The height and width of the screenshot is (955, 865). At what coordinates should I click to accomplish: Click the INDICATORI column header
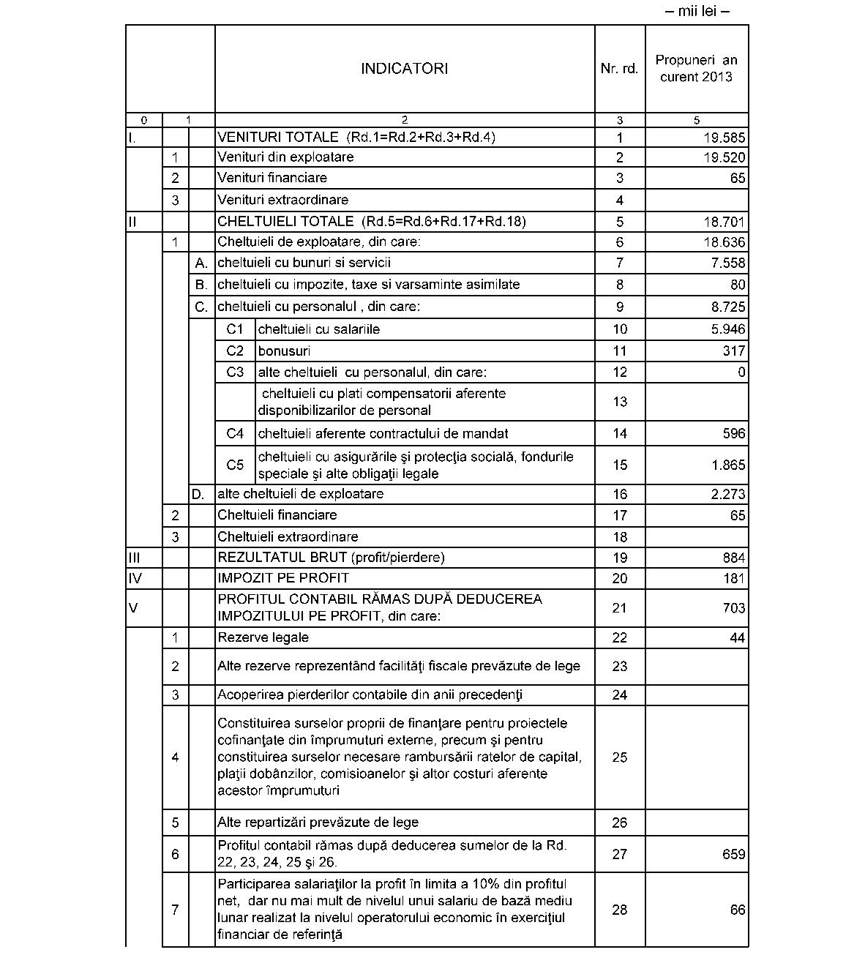tap(404, 69)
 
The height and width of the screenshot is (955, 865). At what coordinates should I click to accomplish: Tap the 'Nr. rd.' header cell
tap(619, 69)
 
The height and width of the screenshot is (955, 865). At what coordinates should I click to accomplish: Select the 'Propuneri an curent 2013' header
tap(696, 69)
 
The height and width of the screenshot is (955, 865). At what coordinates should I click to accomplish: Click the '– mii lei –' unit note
tap(697, 11)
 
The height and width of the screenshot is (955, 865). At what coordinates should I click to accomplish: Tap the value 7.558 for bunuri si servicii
tap(727, 263)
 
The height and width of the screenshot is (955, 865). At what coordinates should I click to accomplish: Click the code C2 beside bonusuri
tap(235, 351)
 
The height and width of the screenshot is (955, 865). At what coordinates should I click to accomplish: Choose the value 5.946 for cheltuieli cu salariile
tap(727, 329)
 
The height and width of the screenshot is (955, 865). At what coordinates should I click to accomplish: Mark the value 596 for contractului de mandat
tap(733, 434)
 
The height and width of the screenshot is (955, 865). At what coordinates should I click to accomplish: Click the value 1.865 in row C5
tap(727, 465)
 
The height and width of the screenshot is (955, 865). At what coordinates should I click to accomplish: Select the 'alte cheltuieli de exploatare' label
tap(300, 494)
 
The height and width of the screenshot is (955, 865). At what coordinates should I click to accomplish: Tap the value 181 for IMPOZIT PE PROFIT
tap(733, 579)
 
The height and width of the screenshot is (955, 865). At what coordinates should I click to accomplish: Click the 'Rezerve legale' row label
tap(263, 637)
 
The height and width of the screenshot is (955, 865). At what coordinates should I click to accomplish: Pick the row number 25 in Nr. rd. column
tap(619, 757)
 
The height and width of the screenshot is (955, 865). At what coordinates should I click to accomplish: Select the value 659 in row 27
tap(733, 854)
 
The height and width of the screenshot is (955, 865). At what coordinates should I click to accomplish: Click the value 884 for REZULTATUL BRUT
tap(733, 558)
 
